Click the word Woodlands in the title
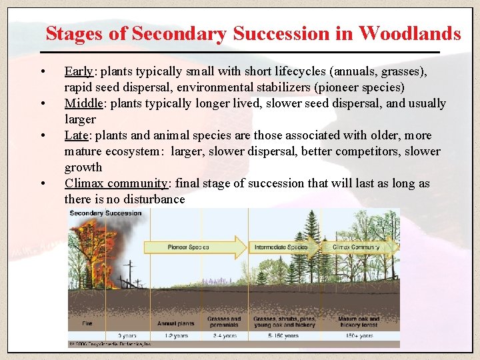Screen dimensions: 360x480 pyautogui.click(x=409, y=33)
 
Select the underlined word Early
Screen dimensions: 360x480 pyautogui.click(x=79, y=71)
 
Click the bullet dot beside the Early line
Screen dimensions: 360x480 pyautogui.click(x=43, y=72)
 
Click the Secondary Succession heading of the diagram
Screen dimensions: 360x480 pyautogui.click(x=105, y=213)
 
